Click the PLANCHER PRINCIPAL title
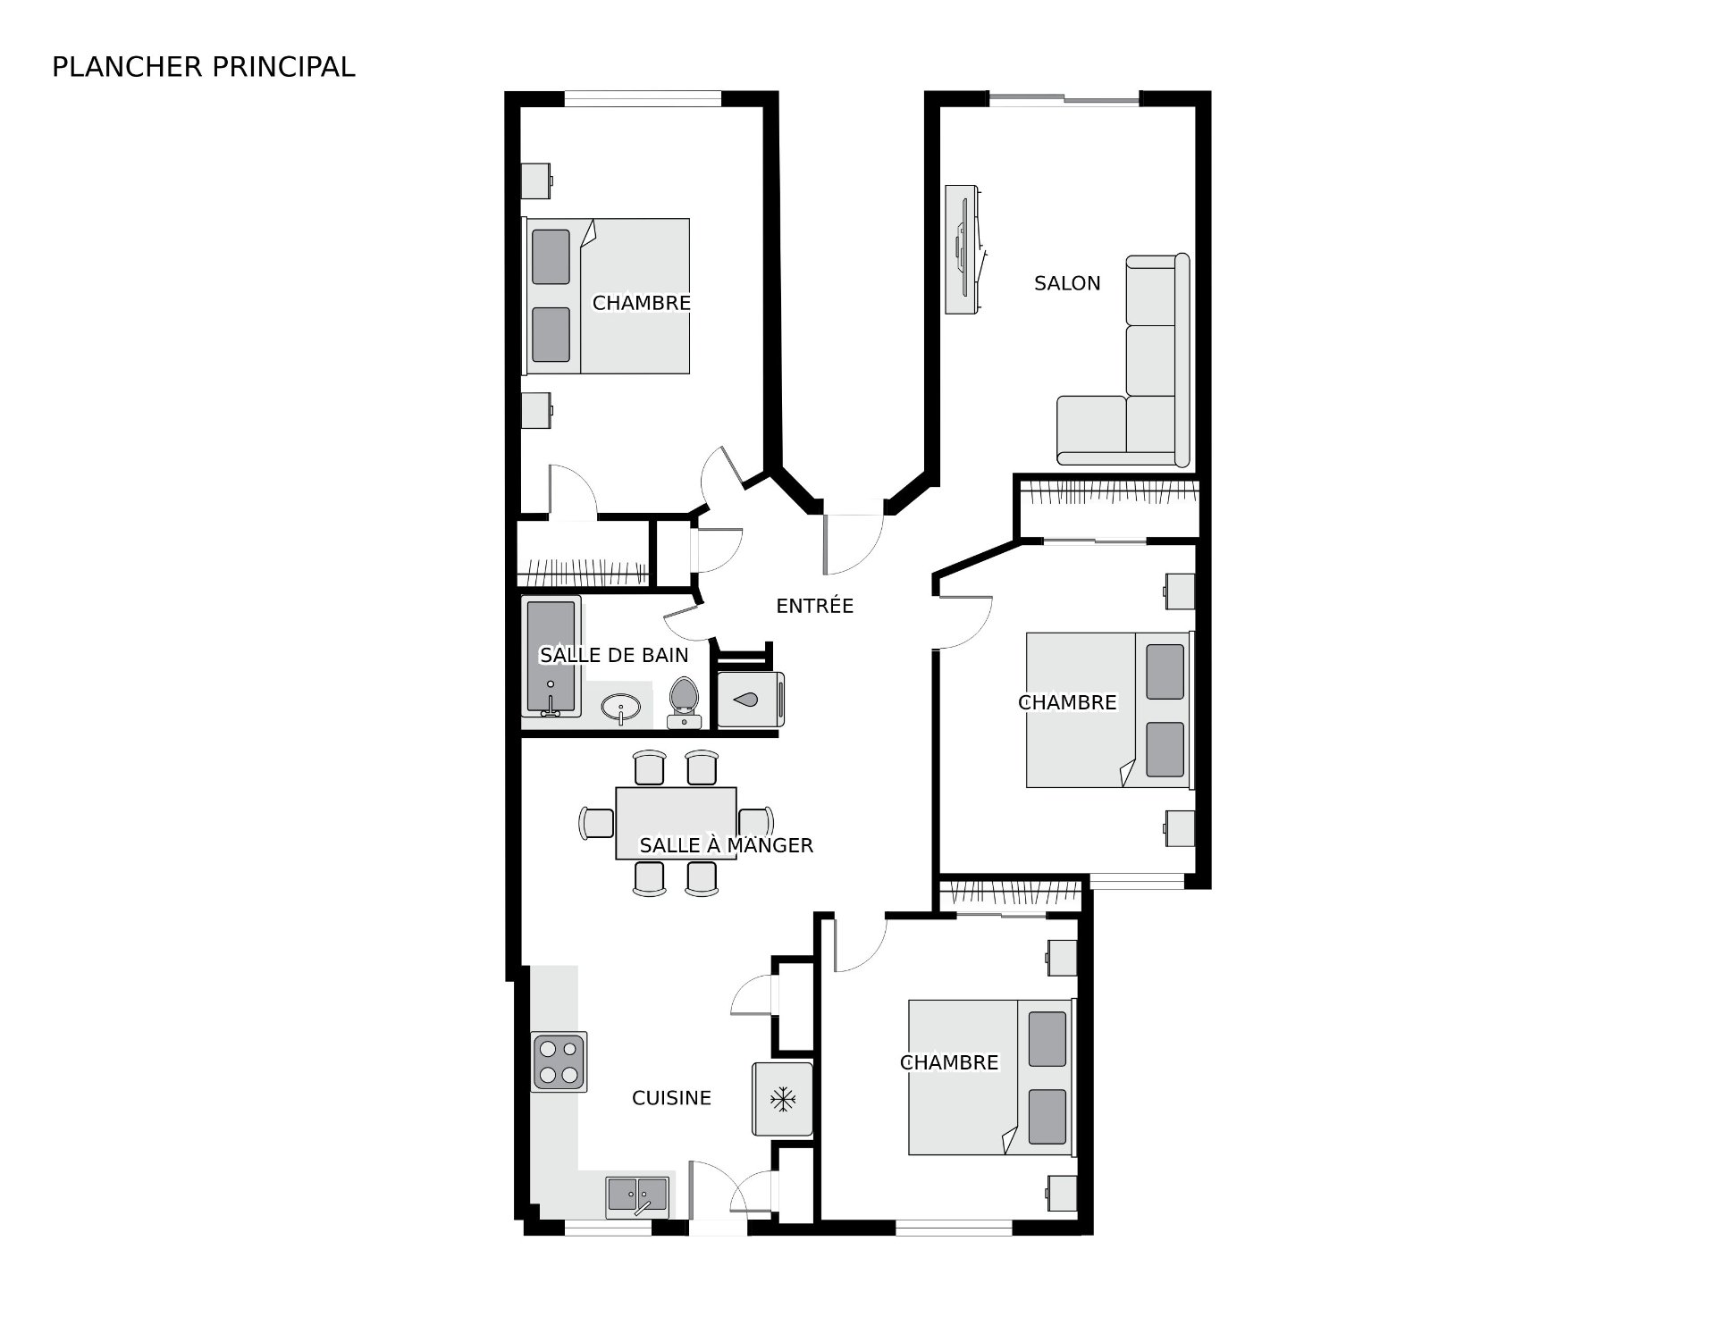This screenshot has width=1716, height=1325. [204, 67]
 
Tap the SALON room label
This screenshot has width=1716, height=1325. [1067, 283]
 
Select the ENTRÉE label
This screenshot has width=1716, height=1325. [815, 606]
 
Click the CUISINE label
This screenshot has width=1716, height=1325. [671, 1098]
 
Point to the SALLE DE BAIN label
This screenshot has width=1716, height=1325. [614, 655]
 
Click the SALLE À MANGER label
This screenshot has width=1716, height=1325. [727, 844]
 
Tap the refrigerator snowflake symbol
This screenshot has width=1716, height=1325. [783, 1100]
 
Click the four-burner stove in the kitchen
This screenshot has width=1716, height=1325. [559, 1061]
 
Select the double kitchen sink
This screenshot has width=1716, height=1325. [637, 1196]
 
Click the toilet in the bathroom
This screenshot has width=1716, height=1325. [684, 702]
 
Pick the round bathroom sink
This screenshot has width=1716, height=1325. [620, 709]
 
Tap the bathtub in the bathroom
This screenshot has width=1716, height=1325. [551, 657]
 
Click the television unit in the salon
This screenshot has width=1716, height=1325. [963, 249]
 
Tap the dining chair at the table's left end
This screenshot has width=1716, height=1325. [596, 823]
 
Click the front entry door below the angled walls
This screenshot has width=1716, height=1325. [853, 544]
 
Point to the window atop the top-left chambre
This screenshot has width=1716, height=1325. [643, 98]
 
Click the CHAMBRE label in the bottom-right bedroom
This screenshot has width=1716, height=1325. [949, 1062]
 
